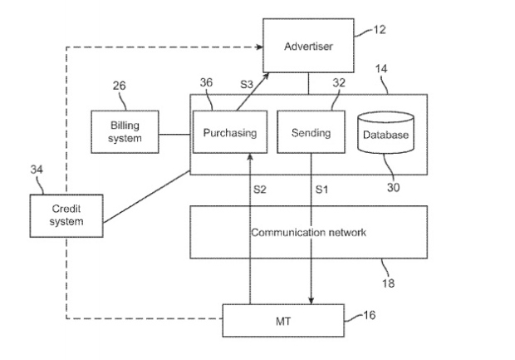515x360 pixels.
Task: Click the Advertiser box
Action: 308,46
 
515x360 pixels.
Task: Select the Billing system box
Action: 125,132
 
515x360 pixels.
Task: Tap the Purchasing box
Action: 230,132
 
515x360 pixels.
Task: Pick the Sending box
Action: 311,132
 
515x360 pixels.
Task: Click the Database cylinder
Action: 385,132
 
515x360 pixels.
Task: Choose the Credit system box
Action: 66,215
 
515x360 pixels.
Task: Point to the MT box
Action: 283,321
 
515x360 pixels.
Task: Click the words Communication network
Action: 308,233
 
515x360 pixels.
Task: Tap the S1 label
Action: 321,190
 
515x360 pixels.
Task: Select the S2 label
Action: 259,190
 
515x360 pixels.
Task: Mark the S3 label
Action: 247,85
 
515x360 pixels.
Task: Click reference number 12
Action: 380,30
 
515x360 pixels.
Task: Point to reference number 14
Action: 381,69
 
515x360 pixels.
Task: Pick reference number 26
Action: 120,86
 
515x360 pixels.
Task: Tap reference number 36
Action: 206,82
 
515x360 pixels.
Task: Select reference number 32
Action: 339,82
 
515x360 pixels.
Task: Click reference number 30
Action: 393,187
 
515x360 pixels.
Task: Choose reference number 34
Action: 37,170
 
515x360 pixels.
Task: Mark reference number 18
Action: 388,283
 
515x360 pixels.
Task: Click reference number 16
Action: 369,315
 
